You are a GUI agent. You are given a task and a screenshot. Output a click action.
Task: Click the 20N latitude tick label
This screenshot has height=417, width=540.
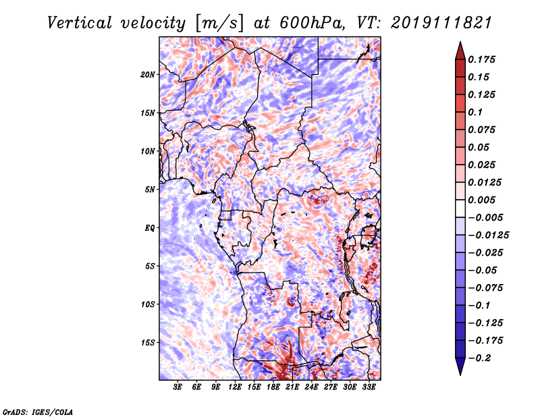148,75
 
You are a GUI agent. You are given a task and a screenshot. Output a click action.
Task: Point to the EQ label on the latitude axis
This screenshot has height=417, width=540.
149,228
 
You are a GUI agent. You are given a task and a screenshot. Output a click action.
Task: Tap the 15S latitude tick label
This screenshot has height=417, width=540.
148,343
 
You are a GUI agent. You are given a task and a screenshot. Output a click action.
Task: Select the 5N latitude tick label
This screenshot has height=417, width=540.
150,190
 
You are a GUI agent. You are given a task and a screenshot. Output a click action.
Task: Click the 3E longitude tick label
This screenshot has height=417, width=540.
178,387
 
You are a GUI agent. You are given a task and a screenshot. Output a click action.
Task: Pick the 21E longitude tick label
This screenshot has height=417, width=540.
292,387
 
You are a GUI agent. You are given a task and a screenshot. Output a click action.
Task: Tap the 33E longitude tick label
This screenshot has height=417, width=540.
369,387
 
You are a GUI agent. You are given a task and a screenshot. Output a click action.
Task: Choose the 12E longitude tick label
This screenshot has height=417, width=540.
234,387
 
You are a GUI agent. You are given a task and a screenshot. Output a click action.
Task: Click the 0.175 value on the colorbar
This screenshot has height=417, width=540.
481,59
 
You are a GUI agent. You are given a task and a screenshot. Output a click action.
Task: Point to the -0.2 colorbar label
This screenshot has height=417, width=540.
479,358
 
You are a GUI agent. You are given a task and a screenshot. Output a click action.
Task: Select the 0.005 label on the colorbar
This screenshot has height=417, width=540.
481,200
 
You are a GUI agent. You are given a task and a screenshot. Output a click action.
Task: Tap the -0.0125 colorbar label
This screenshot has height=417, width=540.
488,235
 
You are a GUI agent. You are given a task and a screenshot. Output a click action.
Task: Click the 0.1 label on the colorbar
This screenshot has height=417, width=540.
475,112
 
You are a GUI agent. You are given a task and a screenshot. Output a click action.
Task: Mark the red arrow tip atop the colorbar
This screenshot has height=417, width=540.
460,43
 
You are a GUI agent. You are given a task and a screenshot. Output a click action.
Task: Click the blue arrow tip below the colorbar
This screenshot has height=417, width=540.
460,374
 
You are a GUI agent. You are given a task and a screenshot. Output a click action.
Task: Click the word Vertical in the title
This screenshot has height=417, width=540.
80,23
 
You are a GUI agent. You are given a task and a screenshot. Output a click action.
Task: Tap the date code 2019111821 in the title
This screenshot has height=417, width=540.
441,23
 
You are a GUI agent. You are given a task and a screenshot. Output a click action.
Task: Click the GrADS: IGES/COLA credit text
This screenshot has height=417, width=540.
38,412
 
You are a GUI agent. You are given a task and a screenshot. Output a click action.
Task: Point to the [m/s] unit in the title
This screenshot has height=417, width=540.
220,23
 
